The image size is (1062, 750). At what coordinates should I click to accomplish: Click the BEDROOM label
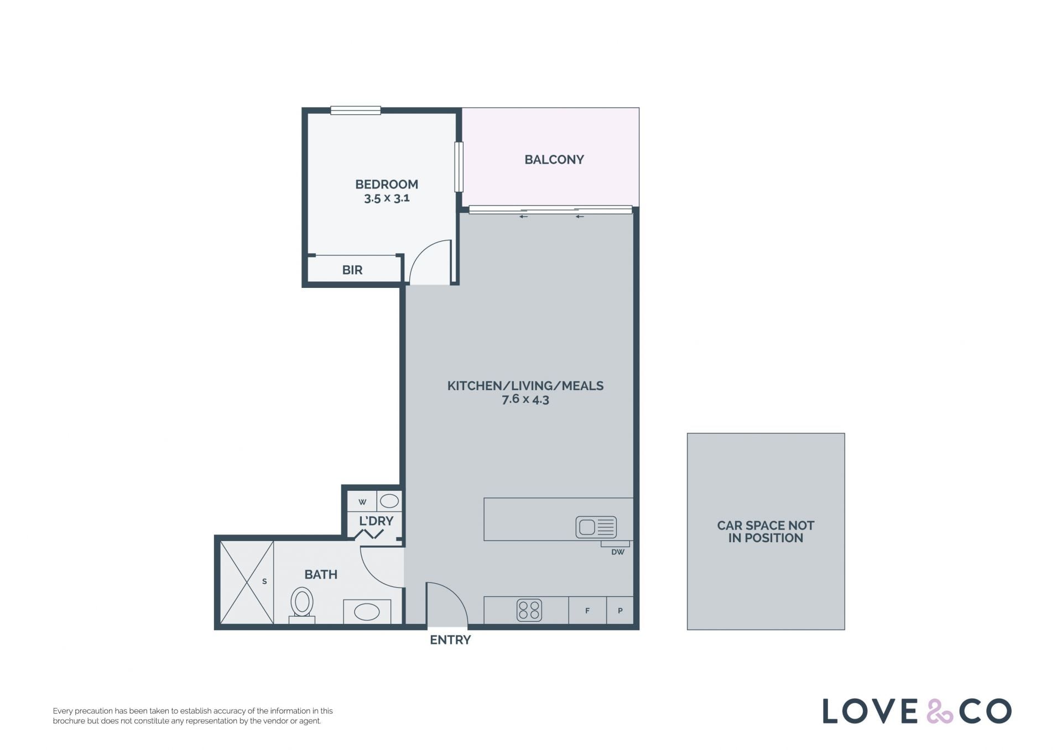[387, 184]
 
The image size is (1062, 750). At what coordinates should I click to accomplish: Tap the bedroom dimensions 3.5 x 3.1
[387, 198]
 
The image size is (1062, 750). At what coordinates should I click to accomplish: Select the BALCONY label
[554, 160]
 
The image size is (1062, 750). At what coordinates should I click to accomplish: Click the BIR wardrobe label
[352, 270]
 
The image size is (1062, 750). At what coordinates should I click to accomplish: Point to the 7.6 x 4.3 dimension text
[525, 399]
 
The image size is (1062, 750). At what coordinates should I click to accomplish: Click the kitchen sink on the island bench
[596, 527]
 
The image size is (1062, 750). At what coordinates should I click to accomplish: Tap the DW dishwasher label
[618, 552]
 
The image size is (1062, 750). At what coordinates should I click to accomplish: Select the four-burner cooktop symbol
[529, 610]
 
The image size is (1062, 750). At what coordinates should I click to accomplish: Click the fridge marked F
[587, 610]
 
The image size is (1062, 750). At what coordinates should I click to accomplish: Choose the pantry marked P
[620, 610]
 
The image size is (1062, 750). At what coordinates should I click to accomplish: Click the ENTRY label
[450, 640]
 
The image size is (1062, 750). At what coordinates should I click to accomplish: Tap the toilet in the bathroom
[302, 605]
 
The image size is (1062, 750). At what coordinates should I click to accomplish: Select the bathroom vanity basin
[367, 612]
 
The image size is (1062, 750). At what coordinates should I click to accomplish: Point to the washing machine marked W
[362, 502]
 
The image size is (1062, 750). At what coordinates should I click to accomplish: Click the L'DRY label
[376, 521]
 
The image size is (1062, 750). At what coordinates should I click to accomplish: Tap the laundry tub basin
[389, 501]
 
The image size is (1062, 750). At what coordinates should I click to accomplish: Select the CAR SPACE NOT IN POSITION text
[766, 532]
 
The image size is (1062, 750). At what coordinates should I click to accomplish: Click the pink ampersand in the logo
[939, 711]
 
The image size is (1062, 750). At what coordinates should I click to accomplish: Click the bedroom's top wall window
[356, 111]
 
